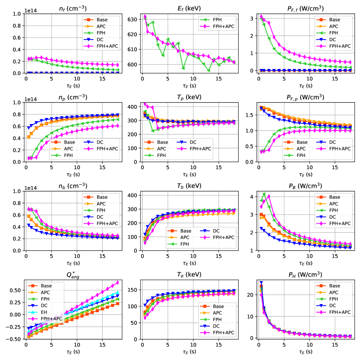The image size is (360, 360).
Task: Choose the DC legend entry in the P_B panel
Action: (x=329, y=216)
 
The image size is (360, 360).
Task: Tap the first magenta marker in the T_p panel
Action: (x=145, y=104)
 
